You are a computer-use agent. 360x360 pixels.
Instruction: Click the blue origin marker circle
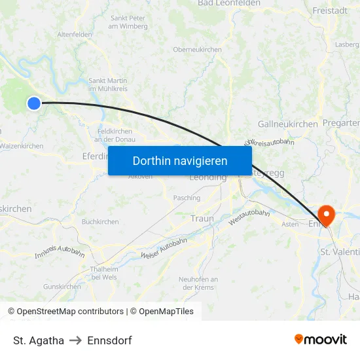pos(34,103)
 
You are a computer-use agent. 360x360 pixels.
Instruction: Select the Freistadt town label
pos(330,10)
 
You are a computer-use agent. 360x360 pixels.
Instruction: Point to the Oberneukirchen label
pos(197,50)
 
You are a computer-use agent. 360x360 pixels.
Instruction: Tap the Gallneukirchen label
pos(288,124)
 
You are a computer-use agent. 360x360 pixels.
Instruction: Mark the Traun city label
pos(202,218)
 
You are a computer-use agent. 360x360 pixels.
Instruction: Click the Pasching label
pos(187,198)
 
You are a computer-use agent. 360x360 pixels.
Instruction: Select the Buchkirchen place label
pos(100,222)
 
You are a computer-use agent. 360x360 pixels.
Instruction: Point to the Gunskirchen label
pos(62,287)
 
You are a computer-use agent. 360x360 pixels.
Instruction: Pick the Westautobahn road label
pos(249,218)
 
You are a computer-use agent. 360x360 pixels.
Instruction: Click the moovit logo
pos(320,340)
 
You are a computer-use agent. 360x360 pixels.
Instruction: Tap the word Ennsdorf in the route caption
pos(109,340)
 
